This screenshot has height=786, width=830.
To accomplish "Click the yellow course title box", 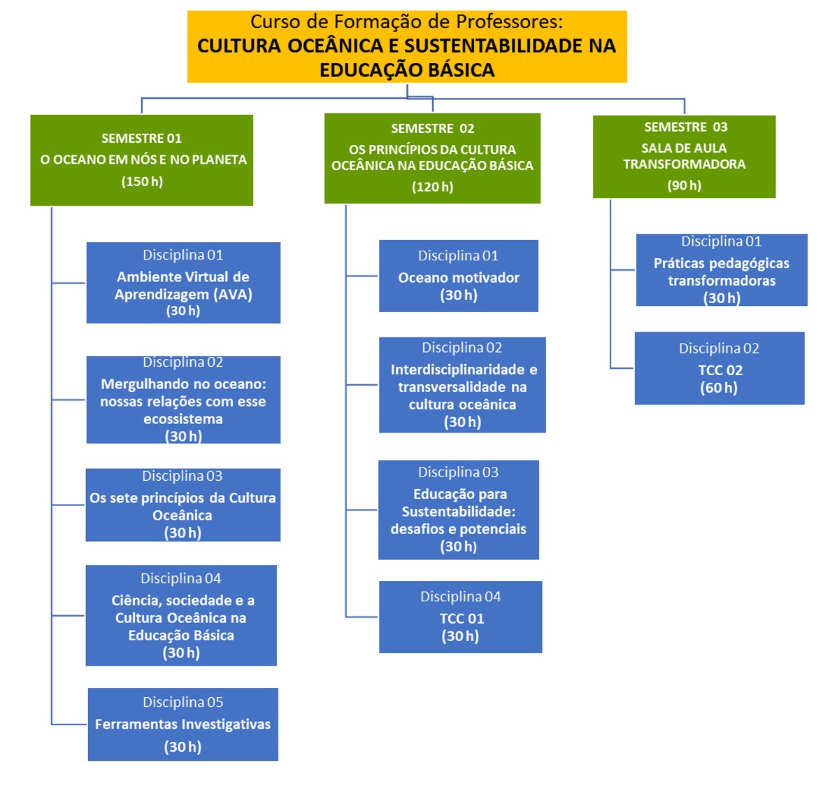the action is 407,47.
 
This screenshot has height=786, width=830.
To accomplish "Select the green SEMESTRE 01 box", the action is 142,160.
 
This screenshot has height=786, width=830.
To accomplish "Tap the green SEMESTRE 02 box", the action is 432,158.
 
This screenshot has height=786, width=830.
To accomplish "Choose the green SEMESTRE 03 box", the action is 684,157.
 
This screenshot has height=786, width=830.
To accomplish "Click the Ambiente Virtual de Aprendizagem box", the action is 183,283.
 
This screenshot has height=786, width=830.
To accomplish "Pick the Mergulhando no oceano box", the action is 183,400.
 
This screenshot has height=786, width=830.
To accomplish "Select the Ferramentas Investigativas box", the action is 183,724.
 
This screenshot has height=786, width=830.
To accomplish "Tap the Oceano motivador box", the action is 459,276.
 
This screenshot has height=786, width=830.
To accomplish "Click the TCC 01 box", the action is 461,617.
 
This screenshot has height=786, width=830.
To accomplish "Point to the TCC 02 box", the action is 720,368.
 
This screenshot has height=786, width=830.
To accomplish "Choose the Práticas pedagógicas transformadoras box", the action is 722,269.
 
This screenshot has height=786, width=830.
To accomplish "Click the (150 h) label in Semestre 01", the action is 143,182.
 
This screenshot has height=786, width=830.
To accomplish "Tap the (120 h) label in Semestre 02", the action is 432,187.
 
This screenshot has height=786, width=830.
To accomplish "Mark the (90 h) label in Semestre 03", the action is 684,185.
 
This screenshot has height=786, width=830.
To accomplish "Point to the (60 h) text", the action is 719,388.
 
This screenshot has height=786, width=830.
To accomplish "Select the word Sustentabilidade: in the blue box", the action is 459,512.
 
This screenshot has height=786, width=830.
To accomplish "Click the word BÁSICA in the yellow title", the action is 460,70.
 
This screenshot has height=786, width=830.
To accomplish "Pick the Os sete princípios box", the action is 183,505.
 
